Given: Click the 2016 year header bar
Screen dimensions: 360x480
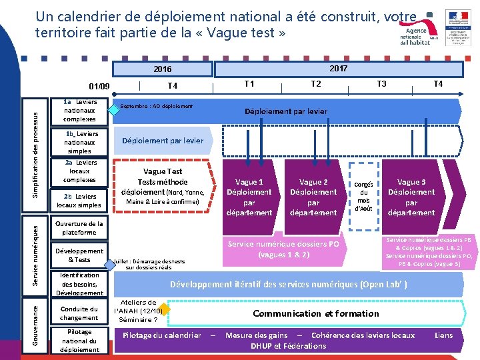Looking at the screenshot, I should point(162,69).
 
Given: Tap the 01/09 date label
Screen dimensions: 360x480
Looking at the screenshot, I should point(100,86).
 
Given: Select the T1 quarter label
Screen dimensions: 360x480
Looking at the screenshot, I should point(249,84).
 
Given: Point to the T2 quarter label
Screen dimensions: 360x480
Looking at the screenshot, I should point(316,84).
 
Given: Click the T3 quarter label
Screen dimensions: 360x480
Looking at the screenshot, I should point(381,84).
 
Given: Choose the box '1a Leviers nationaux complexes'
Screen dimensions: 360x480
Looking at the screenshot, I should point(80,111).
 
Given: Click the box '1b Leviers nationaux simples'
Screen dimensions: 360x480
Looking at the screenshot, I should point(80,142).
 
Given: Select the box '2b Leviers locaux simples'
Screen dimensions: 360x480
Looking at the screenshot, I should point(80,201).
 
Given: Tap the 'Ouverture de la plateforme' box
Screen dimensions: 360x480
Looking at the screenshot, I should point(80,228).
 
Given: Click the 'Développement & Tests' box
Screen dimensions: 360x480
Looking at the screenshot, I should point(80,255).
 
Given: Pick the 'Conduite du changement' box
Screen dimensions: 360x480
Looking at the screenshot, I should point(80,313).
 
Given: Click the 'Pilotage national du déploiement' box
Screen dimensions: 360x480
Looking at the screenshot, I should point(80,340).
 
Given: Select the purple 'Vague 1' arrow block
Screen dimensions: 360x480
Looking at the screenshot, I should point(249,197).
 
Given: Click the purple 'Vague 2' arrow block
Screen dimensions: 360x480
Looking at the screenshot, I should point(313,197).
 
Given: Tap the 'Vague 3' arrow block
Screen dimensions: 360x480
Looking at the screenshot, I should point(411,197).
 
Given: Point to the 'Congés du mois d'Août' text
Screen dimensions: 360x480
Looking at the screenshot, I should point(363,196).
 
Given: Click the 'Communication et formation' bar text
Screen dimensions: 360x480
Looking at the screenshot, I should point(316,313).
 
